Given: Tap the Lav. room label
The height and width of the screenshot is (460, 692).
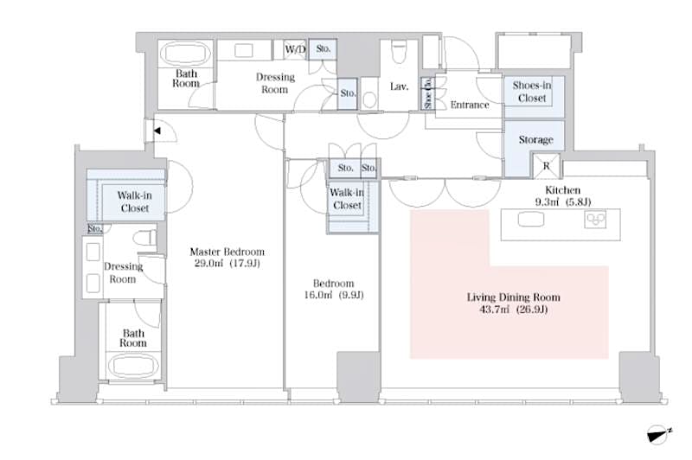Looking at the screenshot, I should (x=399, y=86).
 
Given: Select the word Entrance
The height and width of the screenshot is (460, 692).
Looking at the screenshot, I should (x=470, y=105).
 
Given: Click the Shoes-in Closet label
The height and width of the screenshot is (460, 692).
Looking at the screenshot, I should (x=532, y=93).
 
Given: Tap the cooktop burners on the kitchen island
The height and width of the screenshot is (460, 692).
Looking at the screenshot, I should (x=598, y=220).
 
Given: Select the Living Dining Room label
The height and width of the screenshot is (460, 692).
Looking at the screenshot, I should (x=507, y=297).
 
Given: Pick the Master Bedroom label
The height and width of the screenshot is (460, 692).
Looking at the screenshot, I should (x=227, y=252).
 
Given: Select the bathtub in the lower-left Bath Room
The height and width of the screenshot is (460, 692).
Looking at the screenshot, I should (x=133, y=366).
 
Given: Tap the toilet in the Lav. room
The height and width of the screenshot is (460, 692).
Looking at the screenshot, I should (x=399, y=54).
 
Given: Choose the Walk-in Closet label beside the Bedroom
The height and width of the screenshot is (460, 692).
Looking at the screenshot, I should (x=347, y=200).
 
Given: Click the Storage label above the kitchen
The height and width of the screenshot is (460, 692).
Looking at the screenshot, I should (x=535, y=139).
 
